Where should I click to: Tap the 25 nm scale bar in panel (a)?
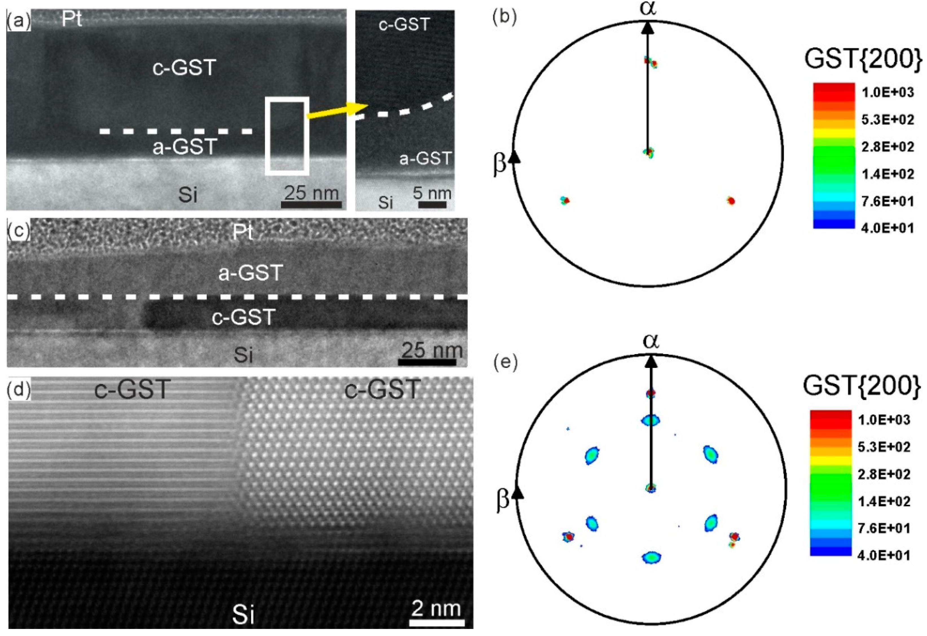point(311,204)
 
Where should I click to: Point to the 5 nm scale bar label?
point(432,193)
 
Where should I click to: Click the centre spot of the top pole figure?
point(649,152)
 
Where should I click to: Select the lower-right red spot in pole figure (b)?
point(731,201)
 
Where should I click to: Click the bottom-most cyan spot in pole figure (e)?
point(651,557)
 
